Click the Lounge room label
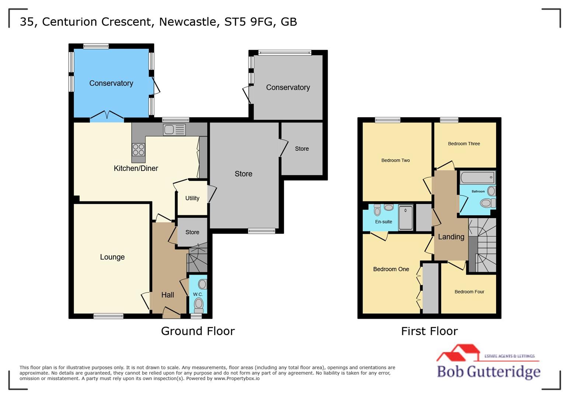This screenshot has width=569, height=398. click(x=112, y=257)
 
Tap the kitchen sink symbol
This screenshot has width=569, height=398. click(x=174, y=130)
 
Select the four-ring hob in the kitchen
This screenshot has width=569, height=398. click(x=139, y=150)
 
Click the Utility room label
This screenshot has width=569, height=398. click(x=192, y=198)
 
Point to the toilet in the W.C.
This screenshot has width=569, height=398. click(x=199, y=304)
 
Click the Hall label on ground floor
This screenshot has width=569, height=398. click(x=168, y=295)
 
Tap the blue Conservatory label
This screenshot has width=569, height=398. click(x=111, y=83)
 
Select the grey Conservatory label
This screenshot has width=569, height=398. click(x=288, y=87)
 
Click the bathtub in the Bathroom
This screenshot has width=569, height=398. click(x=477, y=178)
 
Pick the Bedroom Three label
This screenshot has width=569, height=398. click(x=464, y=144)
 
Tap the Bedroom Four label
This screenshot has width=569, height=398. click(x=469, y=292)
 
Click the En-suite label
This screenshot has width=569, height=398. click(x=384, y=222)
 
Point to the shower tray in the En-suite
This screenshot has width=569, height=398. click(x=406, y=218)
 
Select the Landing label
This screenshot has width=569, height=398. click(x=451, y=237)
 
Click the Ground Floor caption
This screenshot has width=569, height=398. click(x=198, y=331)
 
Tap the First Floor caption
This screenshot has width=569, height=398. click(x=429, y=331)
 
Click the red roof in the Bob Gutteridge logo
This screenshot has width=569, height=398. click(x=458, y=352)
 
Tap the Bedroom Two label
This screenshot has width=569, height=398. click(x=395, y=160)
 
